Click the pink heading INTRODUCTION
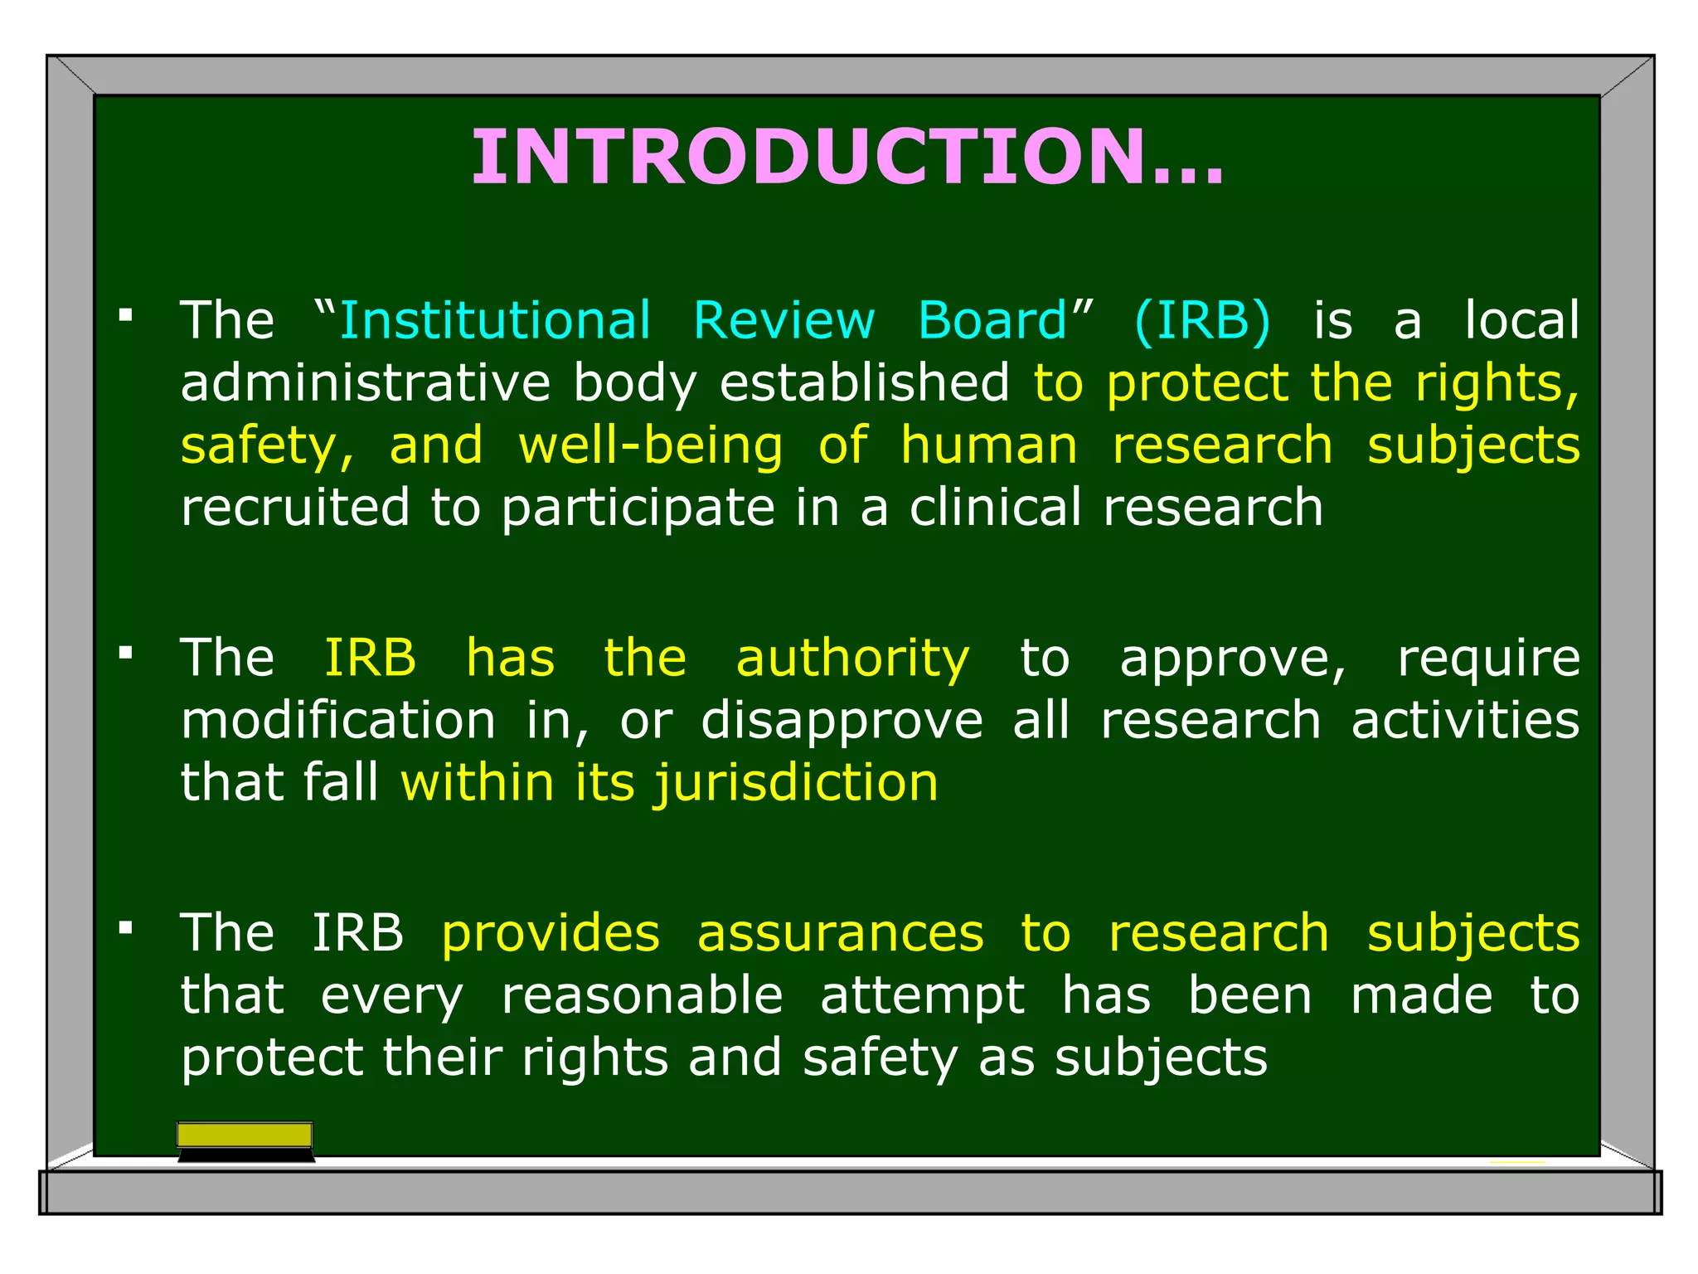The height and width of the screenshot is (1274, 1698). point(847,157)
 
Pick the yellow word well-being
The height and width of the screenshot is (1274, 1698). point(650,445)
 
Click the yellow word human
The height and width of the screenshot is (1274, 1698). point(989,445)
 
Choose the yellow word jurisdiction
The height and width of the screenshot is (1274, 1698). point(796,783)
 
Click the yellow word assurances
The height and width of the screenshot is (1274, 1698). point(840,933)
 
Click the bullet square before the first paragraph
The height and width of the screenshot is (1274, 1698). point(126,315)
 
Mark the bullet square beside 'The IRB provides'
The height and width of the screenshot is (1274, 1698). point(126,927)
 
